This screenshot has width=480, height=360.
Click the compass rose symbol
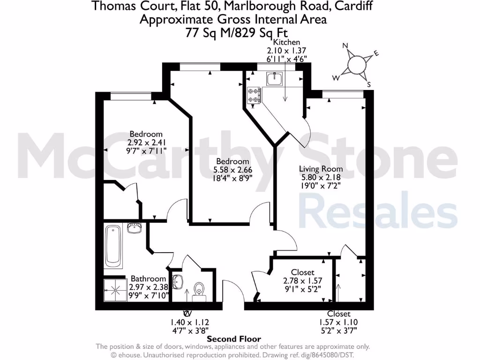pos(357,64)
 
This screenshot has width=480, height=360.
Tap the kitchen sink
pos(275,78)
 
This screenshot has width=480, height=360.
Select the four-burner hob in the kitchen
pos(255,96)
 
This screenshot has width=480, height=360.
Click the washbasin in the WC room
pos(178,282)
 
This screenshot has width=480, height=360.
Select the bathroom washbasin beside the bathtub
pos(135,229)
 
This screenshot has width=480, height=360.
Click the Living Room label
pos(321,169)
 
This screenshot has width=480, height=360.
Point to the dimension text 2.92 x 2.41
pos(147,142)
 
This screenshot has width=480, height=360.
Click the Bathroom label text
pos(148,278)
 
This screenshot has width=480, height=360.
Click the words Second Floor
pos(234,339)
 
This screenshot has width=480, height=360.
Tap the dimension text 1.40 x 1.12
pos(190,322)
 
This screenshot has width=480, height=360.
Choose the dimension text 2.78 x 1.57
pos(302,281)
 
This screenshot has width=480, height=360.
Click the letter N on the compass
pos(345,45)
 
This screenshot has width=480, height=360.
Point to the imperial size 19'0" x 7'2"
pos(321,185)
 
